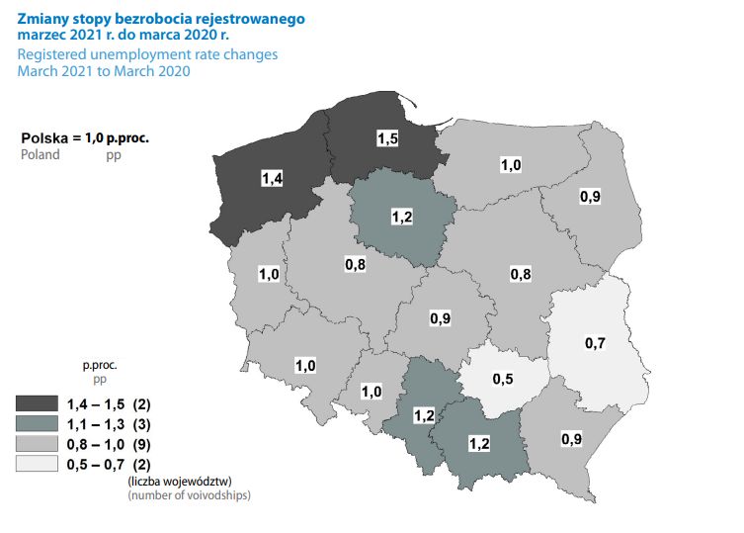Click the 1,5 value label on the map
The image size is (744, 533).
[387, 139]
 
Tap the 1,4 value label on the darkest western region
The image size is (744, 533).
[272, 178]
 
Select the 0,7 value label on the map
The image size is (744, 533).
[595, 343]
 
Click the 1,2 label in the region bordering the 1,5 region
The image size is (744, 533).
[402, 217]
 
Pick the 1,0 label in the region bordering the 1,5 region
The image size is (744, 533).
[510, 165]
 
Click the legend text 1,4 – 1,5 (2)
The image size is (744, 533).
[108, 402]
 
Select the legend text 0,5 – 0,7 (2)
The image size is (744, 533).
[108, 464]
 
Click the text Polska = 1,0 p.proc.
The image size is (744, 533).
[84, 138]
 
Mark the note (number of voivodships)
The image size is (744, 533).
[189, 493]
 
